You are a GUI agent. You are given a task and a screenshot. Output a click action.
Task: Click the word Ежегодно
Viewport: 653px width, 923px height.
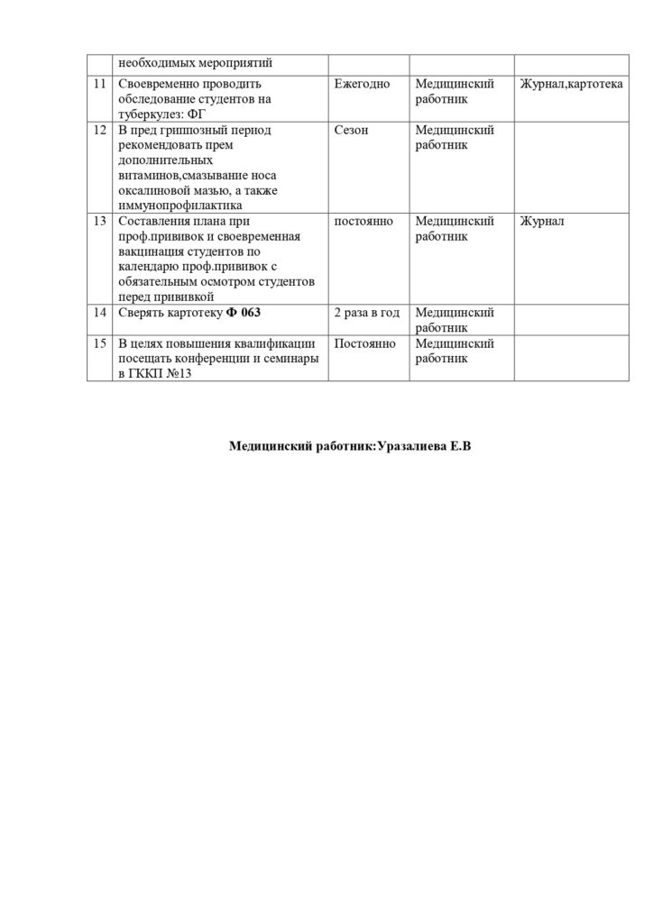pos(362,85)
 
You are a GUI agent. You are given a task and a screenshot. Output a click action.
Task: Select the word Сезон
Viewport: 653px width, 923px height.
pos(351,130)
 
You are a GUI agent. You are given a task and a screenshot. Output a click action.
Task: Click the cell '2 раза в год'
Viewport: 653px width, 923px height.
pos(366,313)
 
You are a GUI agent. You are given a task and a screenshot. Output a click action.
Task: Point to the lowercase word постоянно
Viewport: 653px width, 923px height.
pos(363,222)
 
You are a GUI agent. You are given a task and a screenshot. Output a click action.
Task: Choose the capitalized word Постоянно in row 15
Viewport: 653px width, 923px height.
pos(363,343)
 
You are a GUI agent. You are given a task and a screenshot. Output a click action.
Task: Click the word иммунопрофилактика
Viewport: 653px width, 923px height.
pos(180,205)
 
